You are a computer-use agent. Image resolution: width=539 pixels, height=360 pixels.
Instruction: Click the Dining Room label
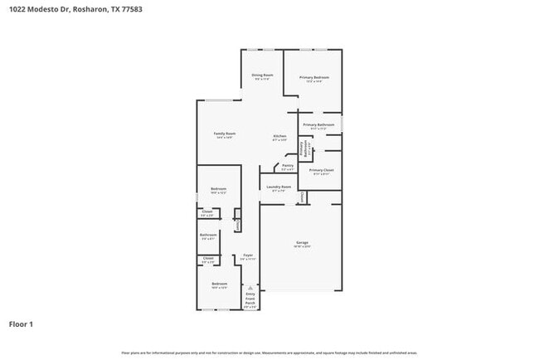pyautogui.click(x=262, y=76)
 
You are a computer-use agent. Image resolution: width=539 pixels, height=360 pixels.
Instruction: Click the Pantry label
pyautogui.click(x=288, y=165)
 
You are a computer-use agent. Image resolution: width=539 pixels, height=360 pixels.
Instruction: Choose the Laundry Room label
pyautogui.click(x=279, y=187)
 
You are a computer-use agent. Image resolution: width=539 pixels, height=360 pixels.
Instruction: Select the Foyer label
pyautogui.click(x=247, y=255)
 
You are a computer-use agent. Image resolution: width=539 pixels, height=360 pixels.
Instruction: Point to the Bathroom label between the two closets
pyautogui.click(x=209, y=235)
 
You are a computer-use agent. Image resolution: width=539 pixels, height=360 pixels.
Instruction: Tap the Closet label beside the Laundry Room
pyautogui.click(x=303, y=197)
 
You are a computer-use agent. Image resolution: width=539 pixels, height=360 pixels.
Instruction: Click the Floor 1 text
pyautogui.click(x=21, y=324)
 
